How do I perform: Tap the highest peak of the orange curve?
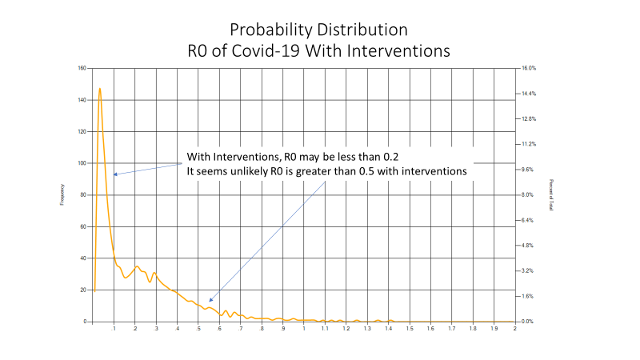coord(100,89)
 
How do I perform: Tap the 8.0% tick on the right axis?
coord(527,195)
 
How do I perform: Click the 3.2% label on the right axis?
coord(527,271)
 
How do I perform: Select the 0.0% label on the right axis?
coord(527,322)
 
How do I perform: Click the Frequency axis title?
coord(62,195)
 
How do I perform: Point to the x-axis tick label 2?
coord(515,329)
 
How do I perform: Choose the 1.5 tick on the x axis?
coord(410,329)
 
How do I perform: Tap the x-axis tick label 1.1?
coord(325,329)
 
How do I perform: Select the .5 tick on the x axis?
coord(198,329)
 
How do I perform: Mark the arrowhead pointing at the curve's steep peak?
coord(115,174)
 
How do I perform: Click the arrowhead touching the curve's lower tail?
coord(210,301)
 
